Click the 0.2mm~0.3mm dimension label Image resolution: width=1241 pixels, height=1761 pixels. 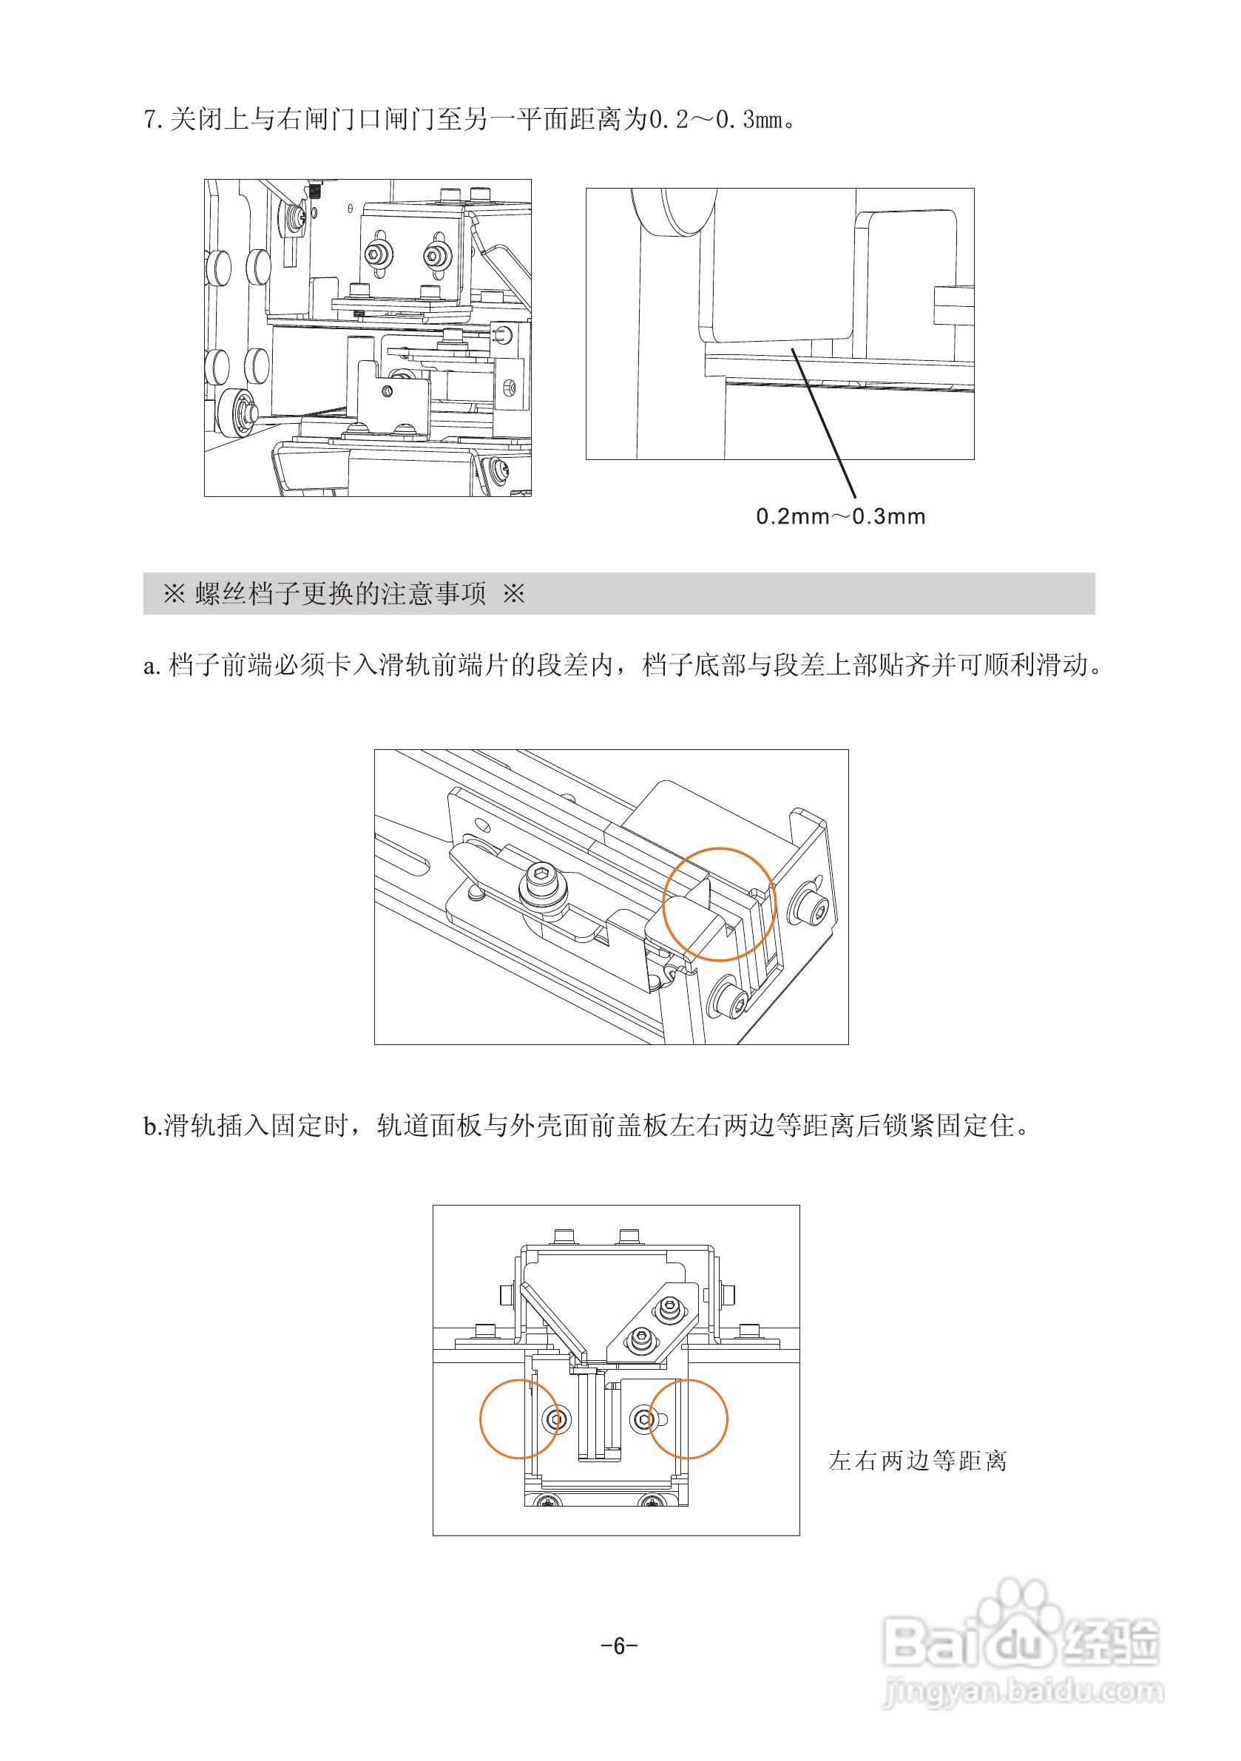(841, 516)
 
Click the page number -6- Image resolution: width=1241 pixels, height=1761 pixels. (619, 1645)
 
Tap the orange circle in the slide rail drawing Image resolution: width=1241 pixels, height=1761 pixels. (720, 904)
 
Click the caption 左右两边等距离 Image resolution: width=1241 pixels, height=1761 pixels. (917, 1461)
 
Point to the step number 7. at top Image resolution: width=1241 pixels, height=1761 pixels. (153, 121)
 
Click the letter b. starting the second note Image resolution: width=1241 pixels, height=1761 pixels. (152, 1127)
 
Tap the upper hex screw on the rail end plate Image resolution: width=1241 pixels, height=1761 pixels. (814, 911)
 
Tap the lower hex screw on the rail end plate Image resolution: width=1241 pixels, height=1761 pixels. (728, 998)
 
